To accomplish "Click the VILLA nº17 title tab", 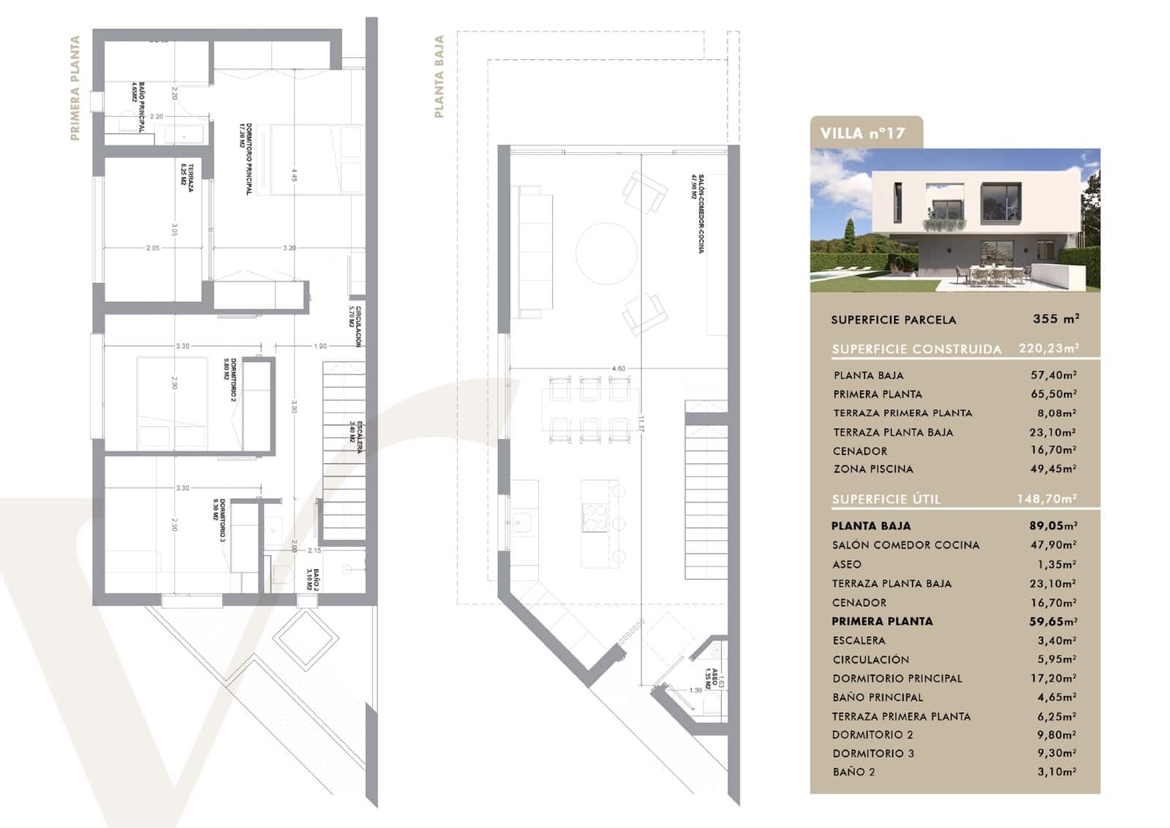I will point(863,133).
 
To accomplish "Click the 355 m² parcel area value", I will point(1056,319).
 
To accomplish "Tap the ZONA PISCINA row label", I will point(873,469).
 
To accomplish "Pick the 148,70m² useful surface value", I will point(1046,499).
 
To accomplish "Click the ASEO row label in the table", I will point(847,564).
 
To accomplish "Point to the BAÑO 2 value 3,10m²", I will point(1056,772).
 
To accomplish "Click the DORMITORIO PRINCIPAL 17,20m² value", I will point(1053,678).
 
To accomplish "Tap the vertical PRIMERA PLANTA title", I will point(75,88).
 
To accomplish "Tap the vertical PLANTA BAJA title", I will point(439,76).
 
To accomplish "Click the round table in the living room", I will point(606,253).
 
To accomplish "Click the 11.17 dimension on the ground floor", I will point(641,425).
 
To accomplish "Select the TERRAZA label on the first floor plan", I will point(187,177).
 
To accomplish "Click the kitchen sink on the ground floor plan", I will point(522,522).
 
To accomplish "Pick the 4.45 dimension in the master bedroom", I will point(293,176).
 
